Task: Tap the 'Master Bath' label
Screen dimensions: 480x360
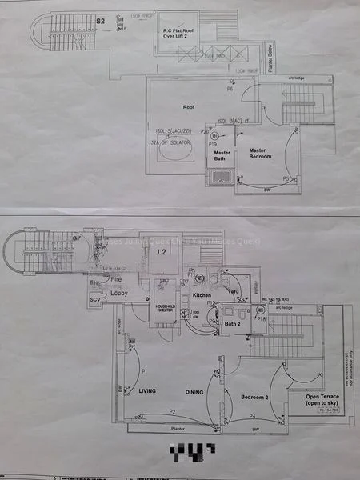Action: coord(222,155)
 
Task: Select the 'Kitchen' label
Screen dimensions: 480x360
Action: coord(202,296)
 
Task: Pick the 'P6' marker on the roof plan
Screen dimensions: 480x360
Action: coord(230,90)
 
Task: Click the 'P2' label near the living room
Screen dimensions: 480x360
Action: coord(172,411)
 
